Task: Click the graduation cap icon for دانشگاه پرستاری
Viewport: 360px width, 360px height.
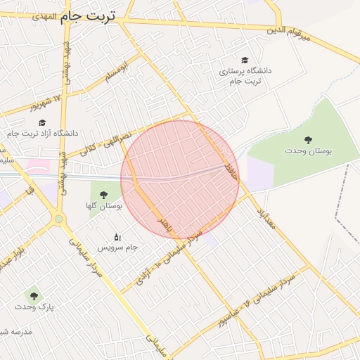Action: pyautogui.click(x=244, y=60)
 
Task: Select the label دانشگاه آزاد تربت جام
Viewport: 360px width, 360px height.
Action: pyautogui.click(x=44, y=133)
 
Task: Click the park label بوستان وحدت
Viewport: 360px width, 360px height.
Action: pyautogui.click(x=308, y=150)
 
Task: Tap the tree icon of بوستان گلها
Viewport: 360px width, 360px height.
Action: pyautogui.click(x=103, y=195)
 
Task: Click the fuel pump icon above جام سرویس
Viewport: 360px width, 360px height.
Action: pyautogui.click(x=117, y=237)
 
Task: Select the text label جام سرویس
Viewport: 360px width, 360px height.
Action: pyautogui.click(x=117, y=248)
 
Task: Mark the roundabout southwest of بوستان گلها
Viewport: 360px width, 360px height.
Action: pyautogui.click(x=58, y=219)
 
